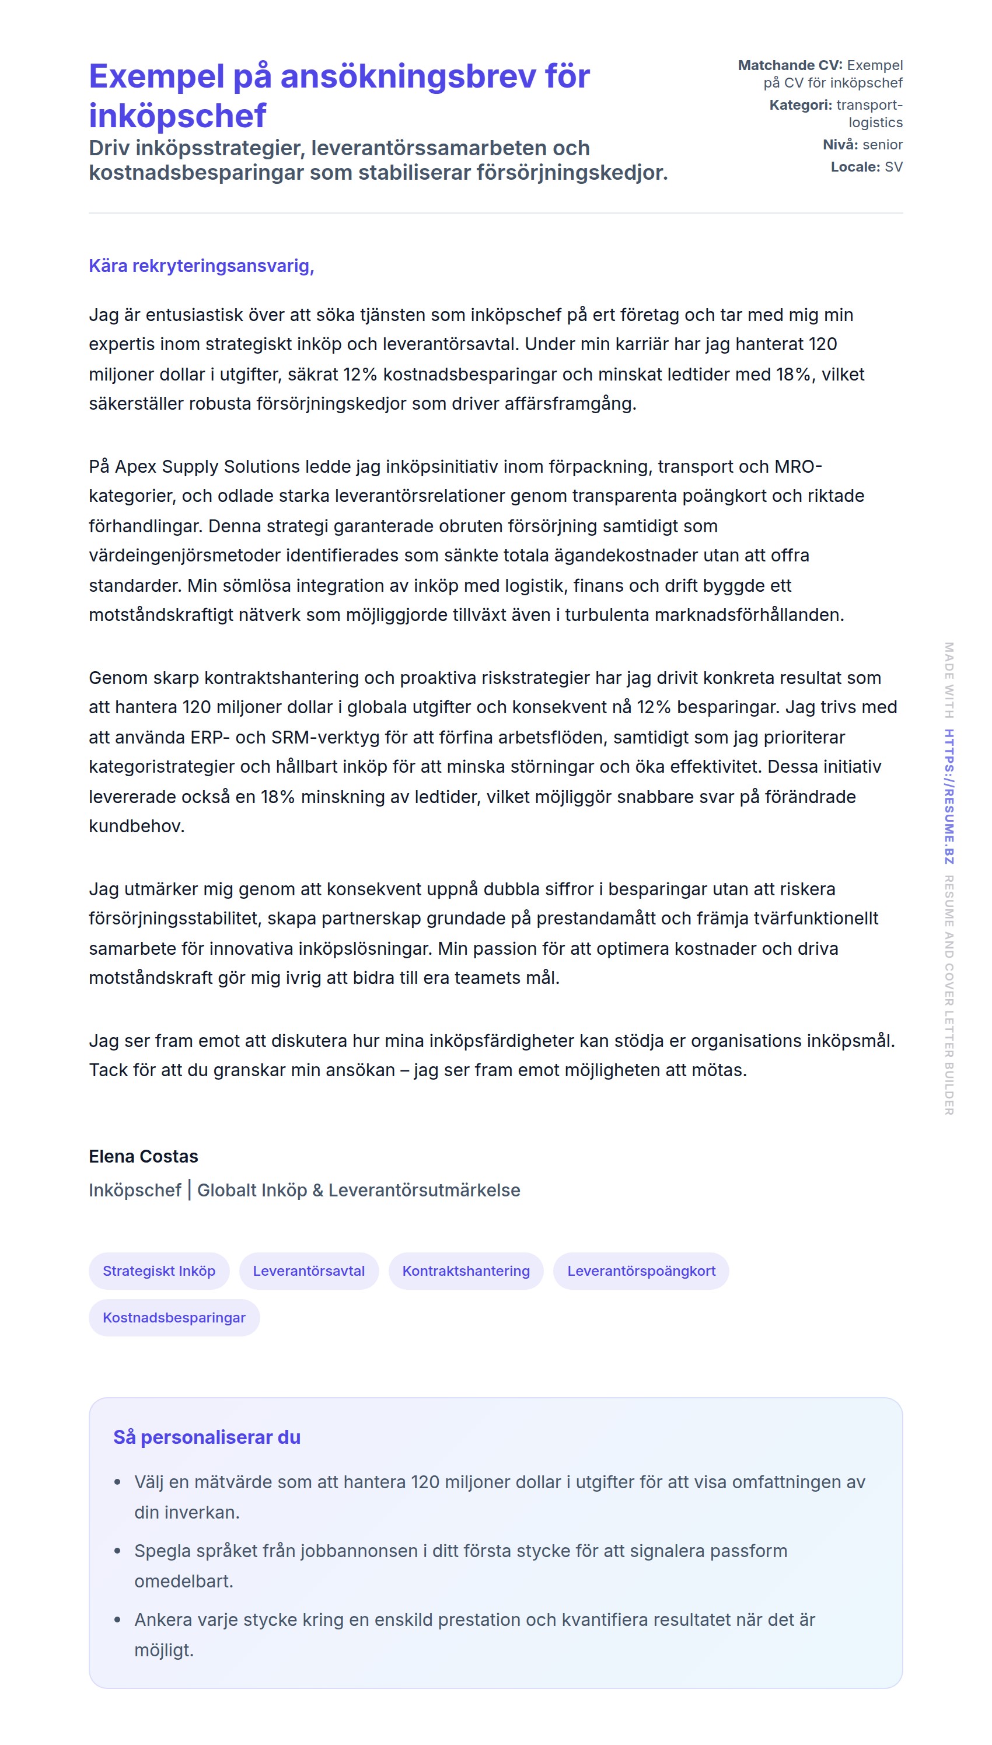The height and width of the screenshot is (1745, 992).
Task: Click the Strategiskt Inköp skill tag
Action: [x=159, y=1271]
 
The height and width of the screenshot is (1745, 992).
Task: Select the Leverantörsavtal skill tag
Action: [x=309, y=1271]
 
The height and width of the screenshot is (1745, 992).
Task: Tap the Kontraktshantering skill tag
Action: [x=466, y=1271]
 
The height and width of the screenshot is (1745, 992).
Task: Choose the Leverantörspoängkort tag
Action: [x=641, y=1271]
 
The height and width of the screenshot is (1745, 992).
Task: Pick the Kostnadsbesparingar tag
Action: [x=174, y=1317]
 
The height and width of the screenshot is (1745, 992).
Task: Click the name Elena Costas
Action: [x=143, y=1156]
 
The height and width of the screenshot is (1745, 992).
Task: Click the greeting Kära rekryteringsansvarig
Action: [x=201, y=266]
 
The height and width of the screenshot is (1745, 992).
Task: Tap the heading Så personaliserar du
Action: [x=207, y=1437]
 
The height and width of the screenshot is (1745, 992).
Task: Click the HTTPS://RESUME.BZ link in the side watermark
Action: [x=948, y=797]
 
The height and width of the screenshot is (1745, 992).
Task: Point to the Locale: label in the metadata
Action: [x=855, y=167]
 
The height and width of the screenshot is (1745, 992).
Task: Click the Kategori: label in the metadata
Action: [x=801, y=105]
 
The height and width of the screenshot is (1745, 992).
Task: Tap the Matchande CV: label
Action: [x=790, y=65]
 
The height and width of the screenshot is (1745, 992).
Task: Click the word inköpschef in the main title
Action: [x=177, y=115]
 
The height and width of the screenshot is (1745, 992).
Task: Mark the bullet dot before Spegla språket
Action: [x=118, y=1551]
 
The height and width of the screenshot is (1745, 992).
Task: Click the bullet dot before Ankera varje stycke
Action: [x=118, y=1620]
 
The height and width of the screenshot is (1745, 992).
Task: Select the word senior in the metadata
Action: [x=882, y=145]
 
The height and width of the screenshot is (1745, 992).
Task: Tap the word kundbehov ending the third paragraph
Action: [x=137, y=826]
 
